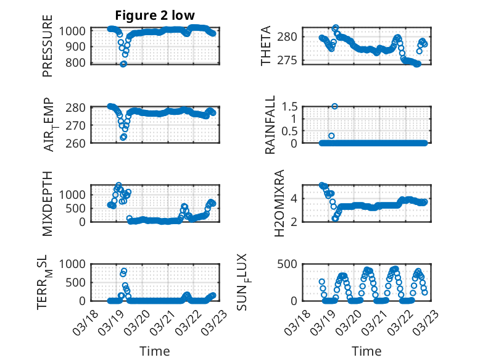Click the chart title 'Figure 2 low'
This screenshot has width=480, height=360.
154,16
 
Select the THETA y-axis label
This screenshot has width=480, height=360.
266,46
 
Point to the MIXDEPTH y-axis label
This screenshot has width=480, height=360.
48,203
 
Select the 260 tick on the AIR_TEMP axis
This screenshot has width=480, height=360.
77,143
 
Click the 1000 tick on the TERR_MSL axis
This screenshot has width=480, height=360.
73,264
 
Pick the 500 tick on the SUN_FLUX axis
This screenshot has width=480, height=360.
292,264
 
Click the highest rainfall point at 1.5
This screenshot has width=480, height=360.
334,106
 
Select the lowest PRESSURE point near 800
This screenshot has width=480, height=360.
123,64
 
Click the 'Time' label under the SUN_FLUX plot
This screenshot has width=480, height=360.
366,351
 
